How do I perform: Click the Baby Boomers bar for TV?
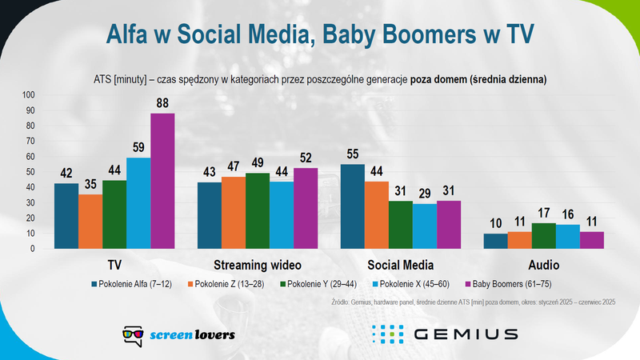pyautogui.click(x=162, y=181)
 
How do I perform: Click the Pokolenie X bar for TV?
pyautogui.click(x=138, y=203)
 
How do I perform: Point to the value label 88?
pyautogui.click(x=162, y=105)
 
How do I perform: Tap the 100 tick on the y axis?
pyautogui.click(x=28, y=95)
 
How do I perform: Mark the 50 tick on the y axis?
pyautogui.click(x=30, y=172)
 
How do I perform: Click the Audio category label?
pyautogui.click(x=544, y=265)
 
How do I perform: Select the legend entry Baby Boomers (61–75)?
pyautogui.click(x=511, y=283)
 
